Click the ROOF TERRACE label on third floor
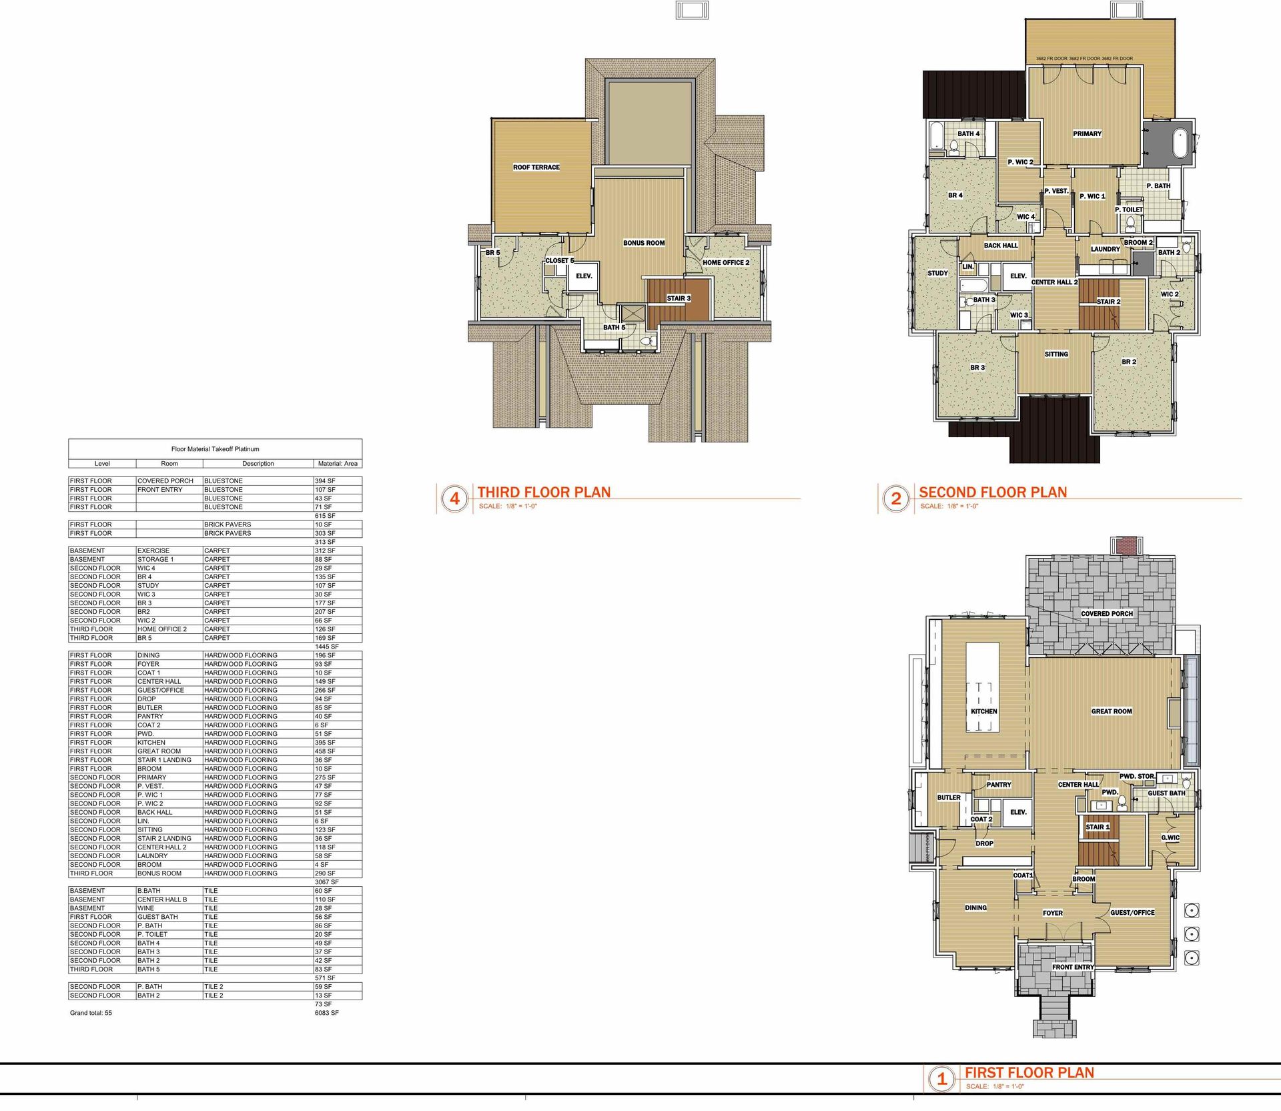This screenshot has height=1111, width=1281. click(536, 167)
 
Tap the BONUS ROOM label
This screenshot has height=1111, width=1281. click(643, 243)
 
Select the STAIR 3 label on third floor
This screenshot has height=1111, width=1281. click(679, 298)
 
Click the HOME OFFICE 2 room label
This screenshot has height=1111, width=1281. click(725, 263)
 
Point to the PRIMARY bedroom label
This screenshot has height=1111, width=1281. click(1087, 134)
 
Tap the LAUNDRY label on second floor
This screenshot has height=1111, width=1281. click(1105, 250)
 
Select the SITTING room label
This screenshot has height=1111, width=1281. click(1056, 354)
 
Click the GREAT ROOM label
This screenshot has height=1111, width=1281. click(1111, 711)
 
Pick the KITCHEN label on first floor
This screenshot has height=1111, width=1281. click(983, 711)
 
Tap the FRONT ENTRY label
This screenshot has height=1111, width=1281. click(1073, 967)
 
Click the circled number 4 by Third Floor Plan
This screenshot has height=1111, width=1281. click(454, 498)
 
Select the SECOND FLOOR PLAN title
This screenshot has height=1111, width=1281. click(993, 492)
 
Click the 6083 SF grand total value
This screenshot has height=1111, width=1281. click(326, 1013)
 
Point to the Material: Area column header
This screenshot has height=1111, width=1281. click(338, 463)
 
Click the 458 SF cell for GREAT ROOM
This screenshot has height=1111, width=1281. click(324, 751)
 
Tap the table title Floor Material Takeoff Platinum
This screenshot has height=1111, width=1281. click(215, 449)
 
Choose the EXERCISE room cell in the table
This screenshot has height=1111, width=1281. click(153, 551)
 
